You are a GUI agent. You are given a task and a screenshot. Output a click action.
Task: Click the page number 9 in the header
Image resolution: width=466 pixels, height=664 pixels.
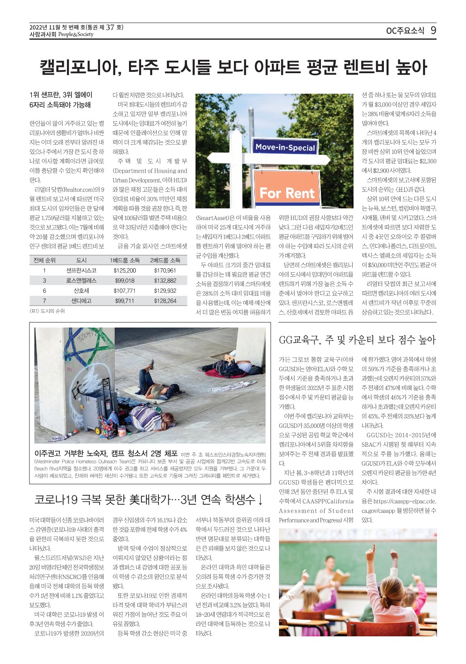[x=433, y=30]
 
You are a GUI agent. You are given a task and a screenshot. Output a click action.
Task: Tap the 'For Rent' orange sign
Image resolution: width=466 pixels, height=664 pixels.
[x=287, y=193]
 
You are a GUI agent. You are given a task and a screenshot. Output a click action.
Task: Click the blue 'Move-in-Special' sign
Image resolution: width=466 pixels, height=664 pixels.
[x=285, y=147]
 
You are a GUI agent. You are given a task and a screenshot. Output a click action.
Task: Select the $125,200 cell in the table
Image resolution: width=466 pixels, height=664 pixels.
[x=125, y=270]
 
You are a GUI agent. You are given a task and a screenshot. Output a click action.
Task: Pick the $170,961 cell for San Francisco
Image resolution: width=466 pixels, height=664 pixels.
[x=165, y=270]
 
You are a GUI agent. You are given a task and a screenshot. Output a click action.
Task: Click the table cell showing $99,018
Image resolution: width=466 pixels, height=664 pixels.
[x=125, y=281]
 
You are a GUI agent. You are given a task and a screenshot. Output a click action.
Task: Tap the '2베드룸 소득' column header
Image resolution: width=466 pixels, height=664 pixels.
[x=165, y=260]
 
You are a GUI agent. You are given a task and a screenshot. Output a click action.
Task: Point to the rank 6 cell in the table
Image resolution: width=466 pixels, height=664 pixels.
[x=44, y=290]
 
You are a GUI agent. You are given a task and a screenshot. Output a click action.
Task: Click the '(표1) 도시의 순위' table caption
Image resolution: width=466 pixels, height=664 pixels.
[x=47, y=311]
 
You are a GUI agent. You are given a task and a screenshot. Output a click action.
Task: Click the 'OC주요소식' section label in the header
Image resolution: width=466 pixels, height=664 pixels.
[x=405, y=31]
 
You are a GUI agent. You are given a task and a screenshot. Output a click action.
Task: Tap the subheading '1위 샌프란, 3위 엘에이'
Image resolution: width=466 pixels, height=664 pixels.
[x=61, y=95]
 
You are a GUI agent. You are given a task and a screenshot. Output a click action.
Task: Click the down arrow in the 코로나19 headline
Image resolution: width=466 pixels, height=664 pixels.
[x=260, y=499]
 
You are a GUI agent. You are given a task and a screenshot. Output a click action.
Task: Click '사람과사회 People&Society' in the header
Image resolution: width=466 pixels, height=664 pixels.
[x=61, y=34]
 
